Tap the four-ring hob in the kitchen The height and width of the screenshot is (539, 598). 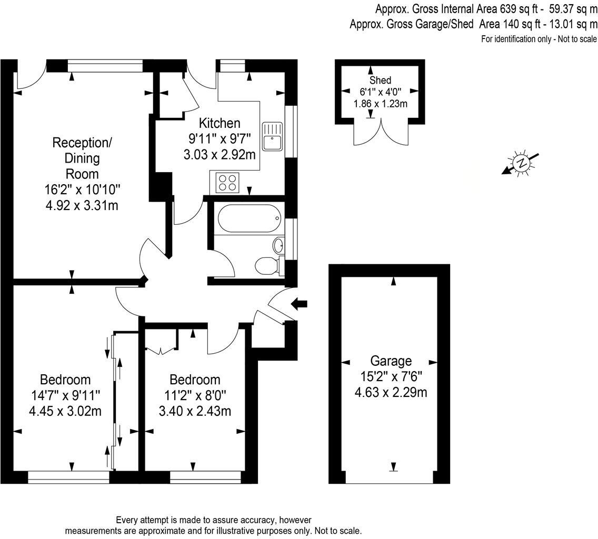(226, 183)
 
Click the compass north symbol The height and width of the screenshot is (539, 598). (521, 163)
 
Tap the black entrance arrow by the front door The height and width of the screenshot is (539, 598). (299, 303)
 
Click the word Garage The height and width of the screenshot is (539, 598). (391, 361)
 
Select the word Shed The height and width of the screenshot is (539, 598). (380, 80)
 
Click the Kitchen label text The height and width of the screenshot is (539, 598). (220, 123)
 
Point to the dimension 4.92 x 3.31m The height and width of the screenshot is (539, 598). (82, 205)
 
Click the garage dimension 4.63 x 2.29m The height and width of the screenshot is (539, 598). (391, 392)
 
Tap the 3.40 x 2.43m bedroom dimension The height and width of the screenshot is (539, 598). (195, 411)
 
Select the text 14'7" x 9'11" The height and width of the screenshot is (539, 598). (65, 395)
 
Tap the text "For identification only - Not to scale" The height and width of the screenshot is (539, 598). (539, 39)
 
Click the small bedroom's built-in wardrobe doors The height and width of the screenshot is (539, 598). (161, 348)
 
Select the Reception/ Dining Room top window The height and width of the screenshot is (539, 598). (105, 66)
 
